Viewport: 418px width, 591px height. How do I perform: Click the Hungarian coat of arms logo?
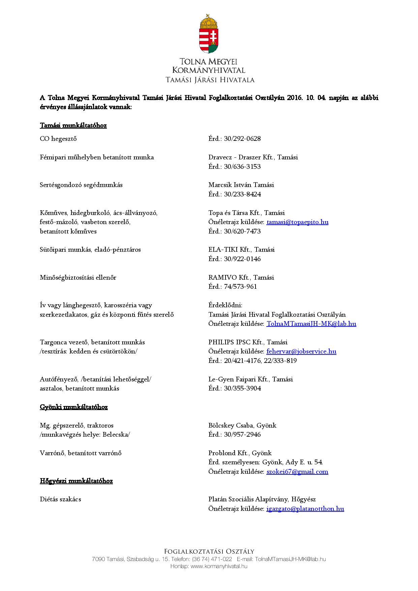pyautogui.click(x=209, y=34)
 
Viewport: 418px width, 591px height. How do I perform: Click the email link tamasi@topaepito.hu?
pyautogui.click(x=297, y=222)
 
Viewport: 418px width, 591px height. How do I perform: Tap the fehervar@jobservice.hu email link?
pyautogui.click(x=301, y=351)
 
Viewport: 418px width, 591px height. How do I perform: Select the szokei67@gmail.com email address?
pyautogui.click(x=297, y=472)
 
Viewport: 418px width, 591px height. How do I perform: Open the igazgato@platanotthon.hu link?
pyautogui.click(x=305, y=509)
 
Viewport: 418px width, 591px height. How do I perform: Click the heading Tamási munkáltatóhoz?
pyautogui.click(x=73, y=126)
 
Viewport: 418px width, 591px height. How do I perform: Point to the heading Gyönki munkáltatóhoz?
pyautogui.click(x=73, y=407)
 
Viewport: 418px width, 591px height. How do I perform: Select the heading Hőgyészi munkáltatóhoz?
pyautogui.click(x=76, y=481)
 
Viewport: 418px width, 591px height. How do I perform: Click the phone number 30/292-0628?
pyautogui.click(x=242, y=139)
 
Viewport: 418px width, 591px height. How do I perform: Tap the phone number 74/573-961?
pyautogui.click(x=240, y=287)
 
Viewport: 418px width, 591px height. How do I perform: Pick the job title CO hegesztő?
pyautogui.click(x=58, y=139)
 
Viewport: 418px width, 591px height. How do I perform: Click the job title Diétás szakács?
pyautogui.click(x=60, y=499)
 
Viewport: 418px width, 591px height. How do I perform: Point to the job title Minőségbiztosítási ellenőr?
pyautogui.click(x=78, y=278)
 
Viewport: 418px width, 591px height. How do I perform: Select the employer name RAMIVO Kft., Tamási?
pyautogui.click(x=241, y=278)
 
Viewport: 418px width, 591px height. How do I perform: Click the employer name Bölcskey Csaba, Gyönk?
pyautogui.click(x=242, y=426)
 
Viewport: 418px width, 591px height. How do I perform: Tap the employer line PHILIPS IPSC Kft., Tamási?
pyautogui.click(x=248, y=342)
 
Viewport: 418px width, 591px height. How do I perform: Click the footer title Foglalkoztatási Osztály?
pyautogui.click(x=209, y=552)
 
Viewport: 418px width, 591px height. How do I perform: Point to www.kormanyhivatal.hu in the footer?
pyautogui.click(x=219, y=566)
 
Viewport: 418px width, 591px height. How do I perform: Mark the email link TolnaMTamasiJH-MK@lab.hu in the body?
pyautogui.click(x=311, y=324)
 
